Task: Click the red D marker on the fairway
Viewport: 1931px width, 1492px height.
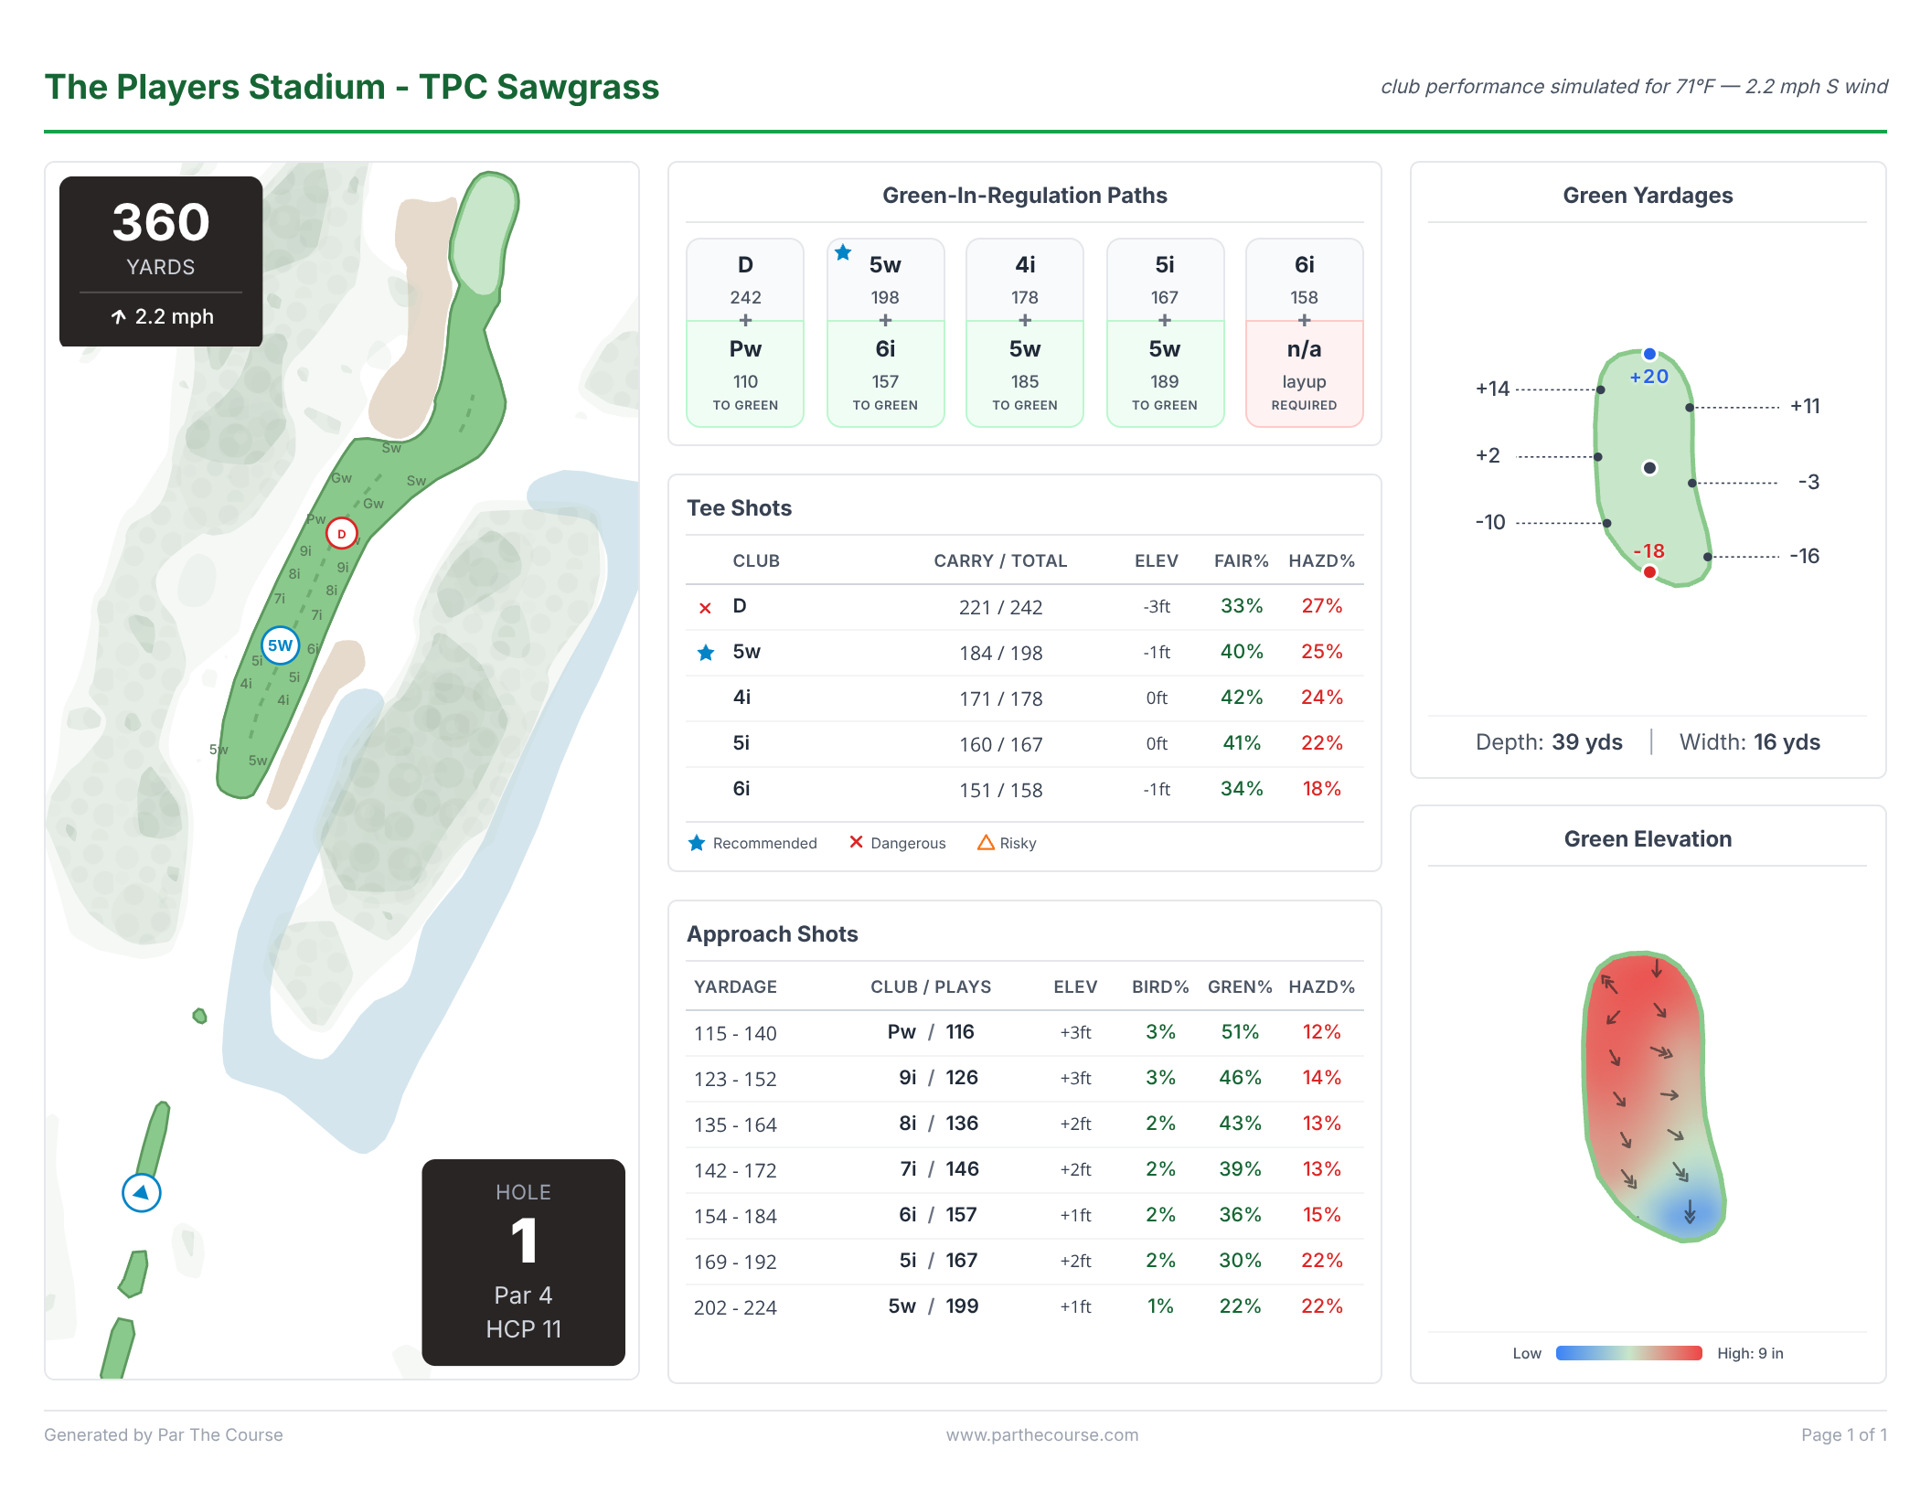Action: pyautogui.click(x=341, y=534)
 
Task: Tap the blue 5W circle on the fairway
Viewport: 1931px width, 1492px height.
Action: pyautogui.click(x=280, y=645)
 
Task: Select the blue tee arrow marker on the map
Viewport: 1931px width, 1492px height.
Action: pyautogui.click(x=142, y=1192)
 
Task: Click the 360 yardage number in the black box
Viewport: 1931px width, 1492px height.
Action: pyautogui.click(x=161, y=222)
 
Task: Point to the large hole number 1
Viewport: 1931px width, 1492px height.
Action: pyautogui.click(x=523, y=1241)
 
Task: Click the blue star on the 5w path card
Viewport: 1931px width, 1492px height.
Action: pyautogui.click(x=843, y=252)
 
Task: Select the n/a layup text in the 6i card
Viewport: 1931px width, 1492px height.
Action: pyautogui.click(x=1304, y=349)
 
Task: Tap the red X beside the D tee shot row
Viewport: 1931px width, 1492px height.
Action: pyautogui.click(x=705, y=608)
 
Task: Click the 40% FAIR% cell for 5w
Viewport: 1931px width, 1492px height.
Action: pyautogui.click(x=1242, y=652)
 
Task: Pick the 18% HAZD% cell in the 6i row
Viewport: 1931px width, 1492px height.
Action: pyautogui.click(x=1321, y=789)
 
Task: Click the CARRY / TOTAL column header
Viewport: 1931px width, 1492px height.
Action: pyautogui.click(x=1000, y=560)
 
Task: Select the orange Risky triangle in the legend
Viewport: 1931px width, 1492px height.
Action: pyautogui.click(x=986, y=843)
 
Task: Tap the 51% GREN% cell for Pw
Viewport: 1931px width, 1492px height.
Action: pyautogui.click(x=1240, y=1032)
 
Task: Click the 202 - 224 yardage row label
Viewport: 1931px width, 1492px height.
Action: pyautogui.click(x=735, y=1307)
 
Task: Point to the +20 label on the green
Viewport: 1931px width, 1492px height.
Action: pyautogui.click(x=1649, y=377)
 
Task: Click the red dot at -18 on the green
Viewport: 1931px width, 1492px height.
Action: pyautogui.click(x=1649, y=572)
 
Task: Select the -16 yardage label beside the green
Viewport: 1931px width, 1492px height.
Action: pyautogui.click(x=1804, y=556)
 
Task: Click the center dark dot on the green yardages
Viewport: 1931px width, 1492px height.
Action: pyautogui.click(x=1649, y=468)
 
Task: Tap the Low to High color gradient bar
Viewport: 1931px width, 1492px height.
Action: pyautogui.click(x=1628, y=1353)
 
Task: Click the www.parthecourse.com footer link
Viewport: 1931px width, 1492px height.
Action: pyautogui.click(x=1042, y=1434)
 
